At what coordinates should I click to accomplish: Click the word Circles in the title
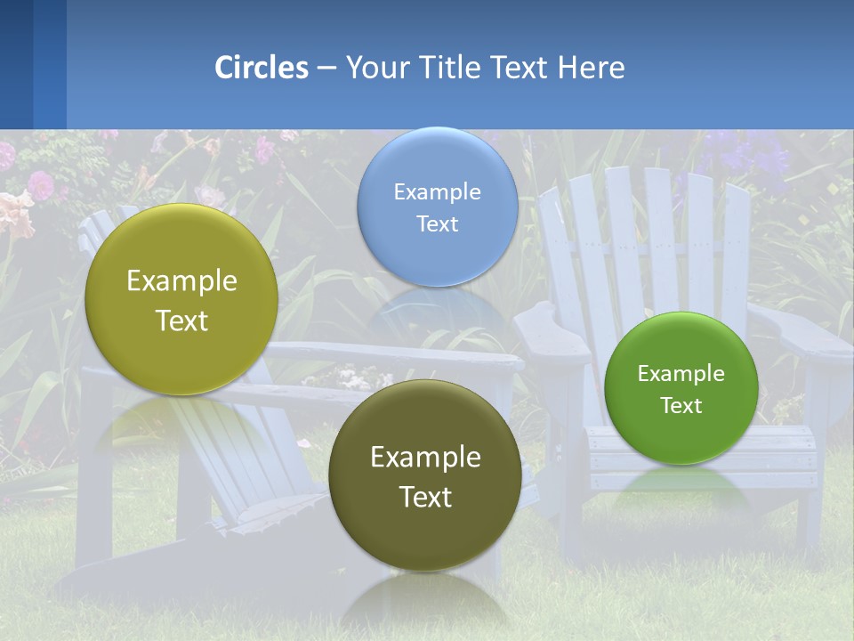coord(261,68)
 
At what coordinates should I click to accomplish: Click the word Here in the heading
coord(591,68)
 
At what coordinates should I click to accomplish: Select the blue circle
coord(437,207)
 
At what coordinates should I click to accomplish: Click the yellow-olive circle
coord(181,299)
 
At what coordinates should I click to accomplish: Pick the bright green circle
coord(681,388)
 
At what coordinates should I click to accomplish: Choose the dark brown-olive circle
coord(424,475)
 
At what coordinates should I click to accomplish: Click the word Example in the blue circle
coord(437,191)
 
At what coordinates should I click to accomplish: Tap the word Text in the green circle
coord(681,405)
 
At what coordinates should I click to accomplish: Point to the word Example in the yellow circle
coord(181,281)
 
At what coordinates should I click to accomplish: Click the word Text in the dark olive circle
coord(424,497)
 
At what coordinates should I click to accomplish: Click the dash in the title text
coord(326,69)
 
